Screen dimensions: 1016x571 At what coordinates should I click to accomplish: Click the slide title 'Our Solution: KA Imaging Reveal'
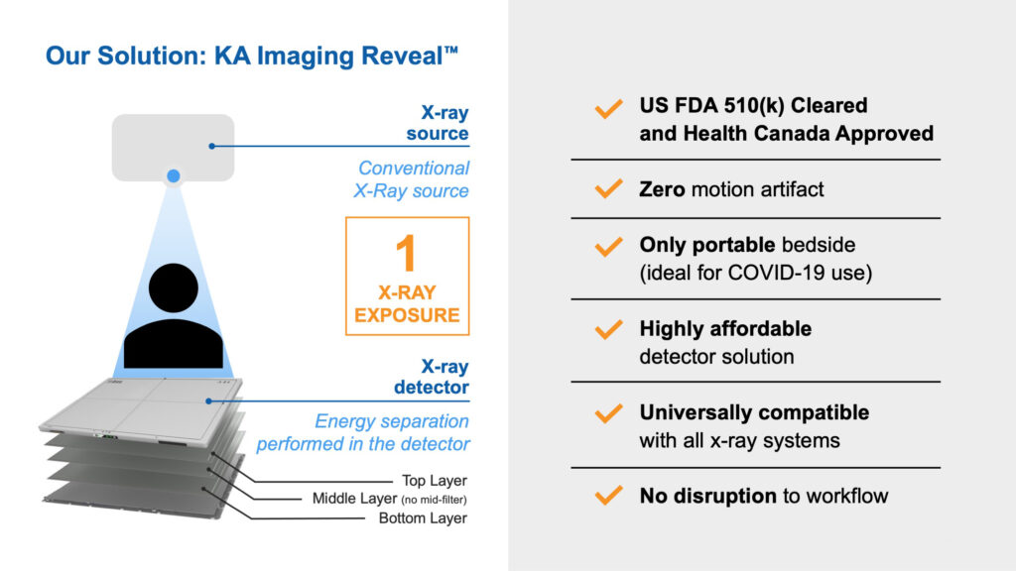point(251,56)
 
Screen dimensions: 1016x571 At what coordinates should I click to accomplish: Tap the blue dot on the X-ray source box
point(173,175)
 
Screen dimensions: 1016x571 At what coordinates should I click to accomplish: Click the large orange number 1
point(406,253)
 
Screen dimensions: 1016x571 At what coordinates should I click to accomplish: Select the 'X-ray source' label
point(438,122)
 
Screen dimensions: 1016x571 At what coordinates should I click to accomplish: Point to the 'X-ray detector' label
point(432,377)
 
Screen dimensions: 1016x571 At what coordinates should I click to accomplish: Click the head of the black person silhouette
point(173,288)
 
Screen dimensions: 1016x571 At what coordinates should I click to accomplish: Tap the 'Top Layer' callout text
point(435,481)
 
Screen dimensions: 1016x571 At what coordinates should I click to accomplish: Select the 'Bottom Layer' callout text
point(423,517)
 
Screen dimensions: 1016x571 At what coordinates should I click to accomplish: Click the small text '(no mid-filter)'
point(434,500)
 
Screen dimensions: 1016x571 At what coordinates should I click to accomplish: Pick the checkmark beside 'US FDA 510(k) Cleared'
point(608,109)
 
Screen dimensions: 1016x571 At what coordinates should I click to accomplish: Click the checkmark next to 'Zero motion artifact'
point(608,189)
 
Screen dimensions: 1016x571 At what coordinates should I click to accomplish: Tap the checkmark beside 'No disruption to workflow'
point(608,496)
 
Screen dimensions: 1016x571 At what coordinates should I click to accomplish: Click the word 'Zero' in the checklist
point(662,189)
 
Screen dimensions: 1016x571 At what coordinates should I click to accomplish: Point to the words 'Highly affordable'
point(725,329)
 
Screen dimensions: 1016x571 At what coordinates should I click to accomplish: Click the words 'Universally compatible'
point(754,412)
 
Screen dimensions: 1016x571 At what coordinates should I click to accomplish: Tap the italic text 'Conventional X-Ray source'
point(412,179)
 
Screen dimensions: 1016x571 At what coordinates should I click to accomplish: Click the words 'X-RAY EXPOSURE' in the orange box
point(407,303)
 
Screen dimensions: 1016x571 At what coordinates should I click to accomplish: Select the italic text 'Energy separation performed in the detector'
point(363,432)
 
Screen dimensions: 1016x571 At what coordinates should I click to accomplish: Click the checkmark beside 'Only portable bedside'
point(608,247)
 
